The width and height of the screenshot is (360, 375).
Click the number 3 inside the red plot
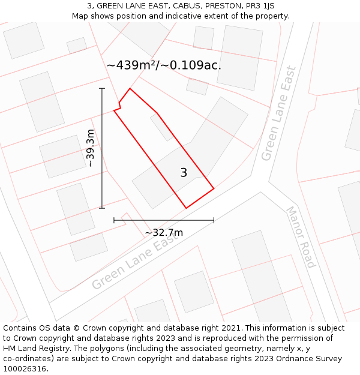pyautogui.click(x=184, y=173)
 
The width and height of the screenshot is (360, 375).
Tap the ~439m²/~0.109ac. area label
pyautogui.click(x=164, y=65)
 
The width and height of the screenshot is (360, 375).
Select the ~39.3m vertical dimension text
pyautogui.click(x=91, y=148)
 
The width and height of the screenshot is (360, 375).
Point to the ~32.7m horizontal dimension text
pyautogui.click(x=164, y=232)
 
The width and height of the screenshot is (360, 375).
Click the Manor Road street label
pyautogui.click(x=300, y=237)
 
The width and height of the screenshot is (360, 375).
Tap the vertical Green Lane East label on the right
pyautogui.click(x=279, y=121)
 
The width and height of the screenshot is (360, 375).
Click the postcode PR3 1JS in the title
pyautogui.click(x=260, y=6)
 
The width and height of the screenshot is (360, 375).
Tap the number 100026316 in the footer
pyautogui.click(x=25, y=368)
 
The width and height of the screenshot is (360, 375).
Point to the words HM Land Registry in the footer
pyautogui.click(x=33, y=348)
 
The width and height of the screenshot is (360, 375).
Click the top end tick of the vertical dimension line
pyautogui.click(x=102, y=89)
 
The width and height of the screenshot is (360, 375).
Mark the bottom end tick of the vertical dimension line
pyautogui.click(x=102, y=208)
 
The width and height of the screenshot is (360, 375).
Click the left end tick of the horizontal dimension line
pyautogui.click(x=114, y=220)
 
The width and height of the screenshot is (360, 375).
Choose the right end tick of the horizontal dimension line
pyautogui.click(x=214, y=220)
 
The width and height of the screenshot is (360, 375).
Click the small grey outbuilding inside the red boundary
pyautogui.click(x=161, y=127)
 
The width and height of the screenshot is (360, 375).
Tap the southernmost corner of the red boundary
pyautogui.click(x=186, y=208)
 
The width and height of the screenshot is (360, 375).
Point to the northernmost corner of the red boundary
pyautogui.click(x=130, y=89)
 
